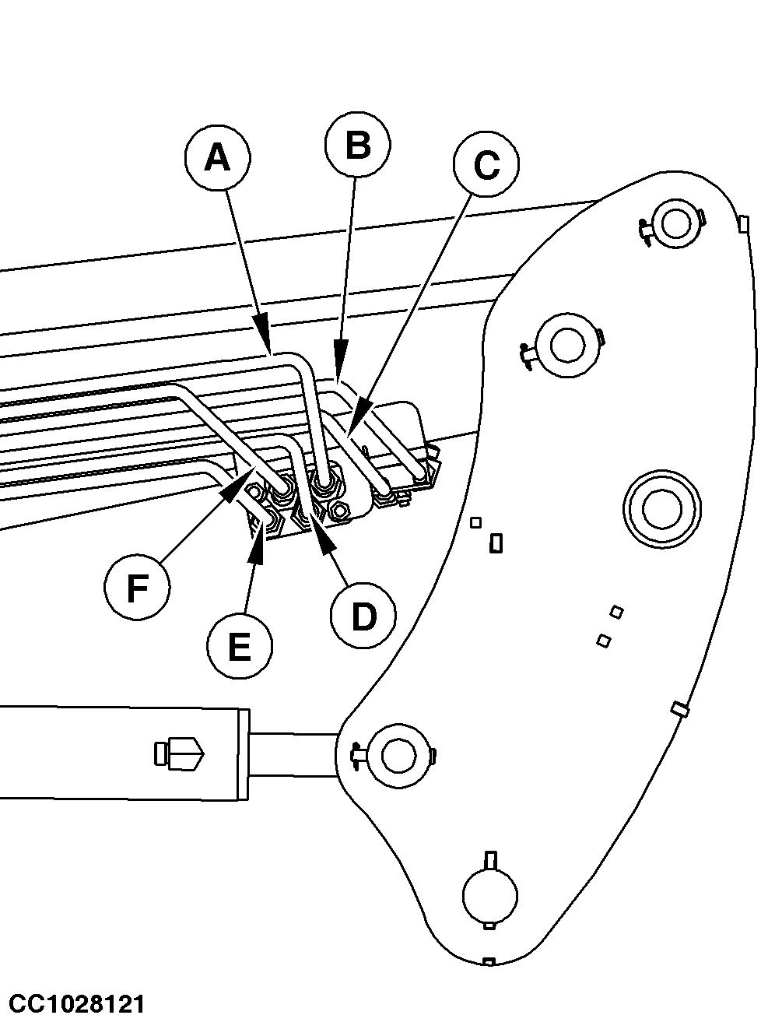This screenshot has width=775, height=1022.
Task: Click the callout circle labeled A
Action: click(217, 157)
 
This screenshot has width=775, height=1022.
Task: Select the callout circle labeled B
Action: click(357, 144)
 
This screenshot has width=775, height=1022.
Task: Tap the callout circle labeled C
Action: click(486, 164)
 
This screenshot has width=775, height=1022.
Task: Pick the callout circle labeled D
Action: click(363, 616)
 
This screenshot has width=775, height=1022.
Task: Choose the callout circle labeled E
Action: click(240, 646)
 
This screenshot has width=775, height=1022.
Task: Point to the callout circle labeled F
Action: click(137, 587)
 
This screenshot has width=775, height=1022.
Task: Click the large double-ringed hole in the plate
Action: click(662, 508)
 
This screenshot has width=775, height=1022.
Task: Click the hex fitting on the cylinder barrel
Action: click(179, 753)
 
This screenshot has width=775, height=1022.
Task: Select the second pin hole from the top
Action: click(567, 346)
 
